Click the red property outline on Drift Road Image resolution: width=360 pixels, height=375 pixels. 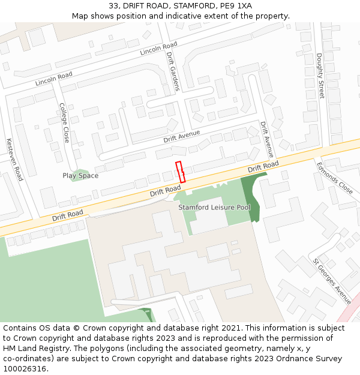(180, 172)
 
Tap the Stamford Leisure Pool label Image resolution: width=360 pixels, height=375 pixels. (214, 207)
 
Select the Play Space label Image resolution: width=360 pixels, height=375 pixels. (80, 176)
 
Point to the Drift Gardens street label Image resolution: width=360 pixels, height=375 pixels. (173, 71)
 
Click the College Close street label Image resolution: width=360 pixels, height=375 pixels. (64, 122)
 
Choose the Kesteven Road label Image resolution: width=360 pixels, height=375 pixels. (14, 160)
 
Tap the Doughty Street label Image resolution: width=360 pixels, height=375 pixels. (320, 76)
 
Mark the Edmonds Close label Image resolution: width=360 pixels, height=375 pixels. (335, 178)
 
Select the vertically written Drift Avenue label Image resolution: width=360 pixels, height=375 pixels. (267, 139)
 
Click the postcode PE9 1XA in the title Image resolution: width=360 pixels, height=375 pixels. (236, 6)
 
